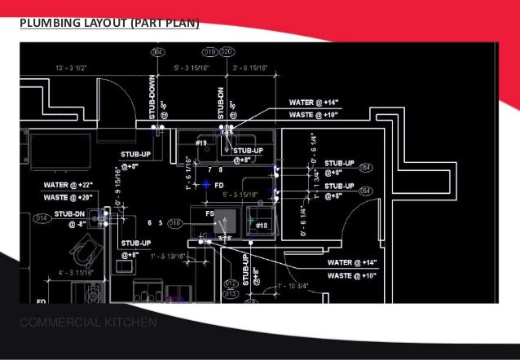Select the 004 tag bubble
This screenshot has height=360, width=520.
click(x=158, y=53)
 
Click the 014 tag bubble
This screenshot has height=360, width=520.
click(x=39, y=218)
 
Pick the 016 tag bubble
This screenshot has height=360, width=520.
click(x=174, y=222)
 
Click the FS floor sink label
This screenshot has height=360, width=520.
click(x=209, y=213)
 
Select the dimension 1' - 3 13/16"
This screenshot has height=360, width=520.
click(x=170, y=257)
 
